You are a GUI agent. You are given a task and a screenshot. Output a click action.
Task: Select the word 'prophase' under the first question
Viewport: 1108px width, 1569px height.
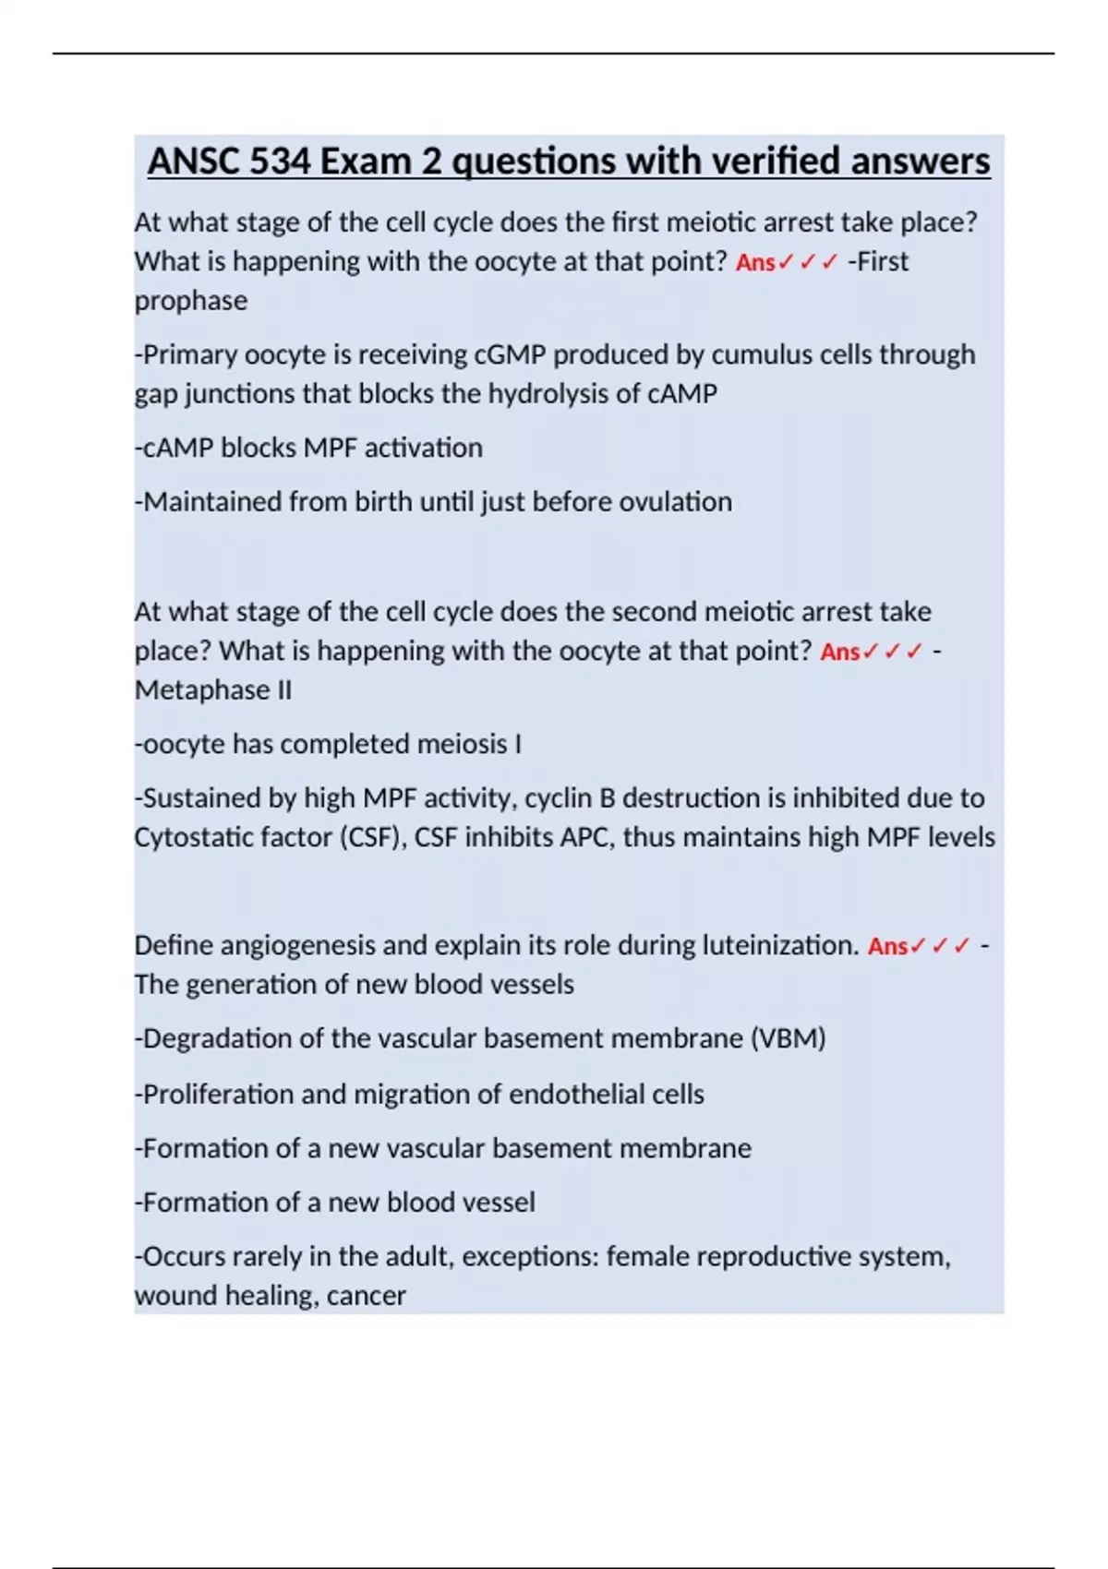(x=191, y=301)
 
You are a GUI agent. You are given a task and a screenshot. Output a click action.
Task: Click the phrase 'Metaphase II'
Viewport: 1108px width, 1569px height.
(x=213, y=690)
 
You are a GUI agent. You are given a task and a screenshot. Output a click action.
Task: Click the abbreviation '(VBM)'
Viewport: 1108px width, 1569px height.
(x=788, y=1039)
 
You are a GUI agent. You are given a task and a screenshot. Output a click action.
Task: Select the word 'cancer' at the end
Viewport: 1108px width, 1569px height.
(x=367, y=1296)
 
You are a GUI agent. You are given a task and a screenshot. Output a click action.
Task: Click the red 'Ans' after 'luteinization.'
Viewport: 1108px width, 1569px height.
(x=887, y=947)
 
